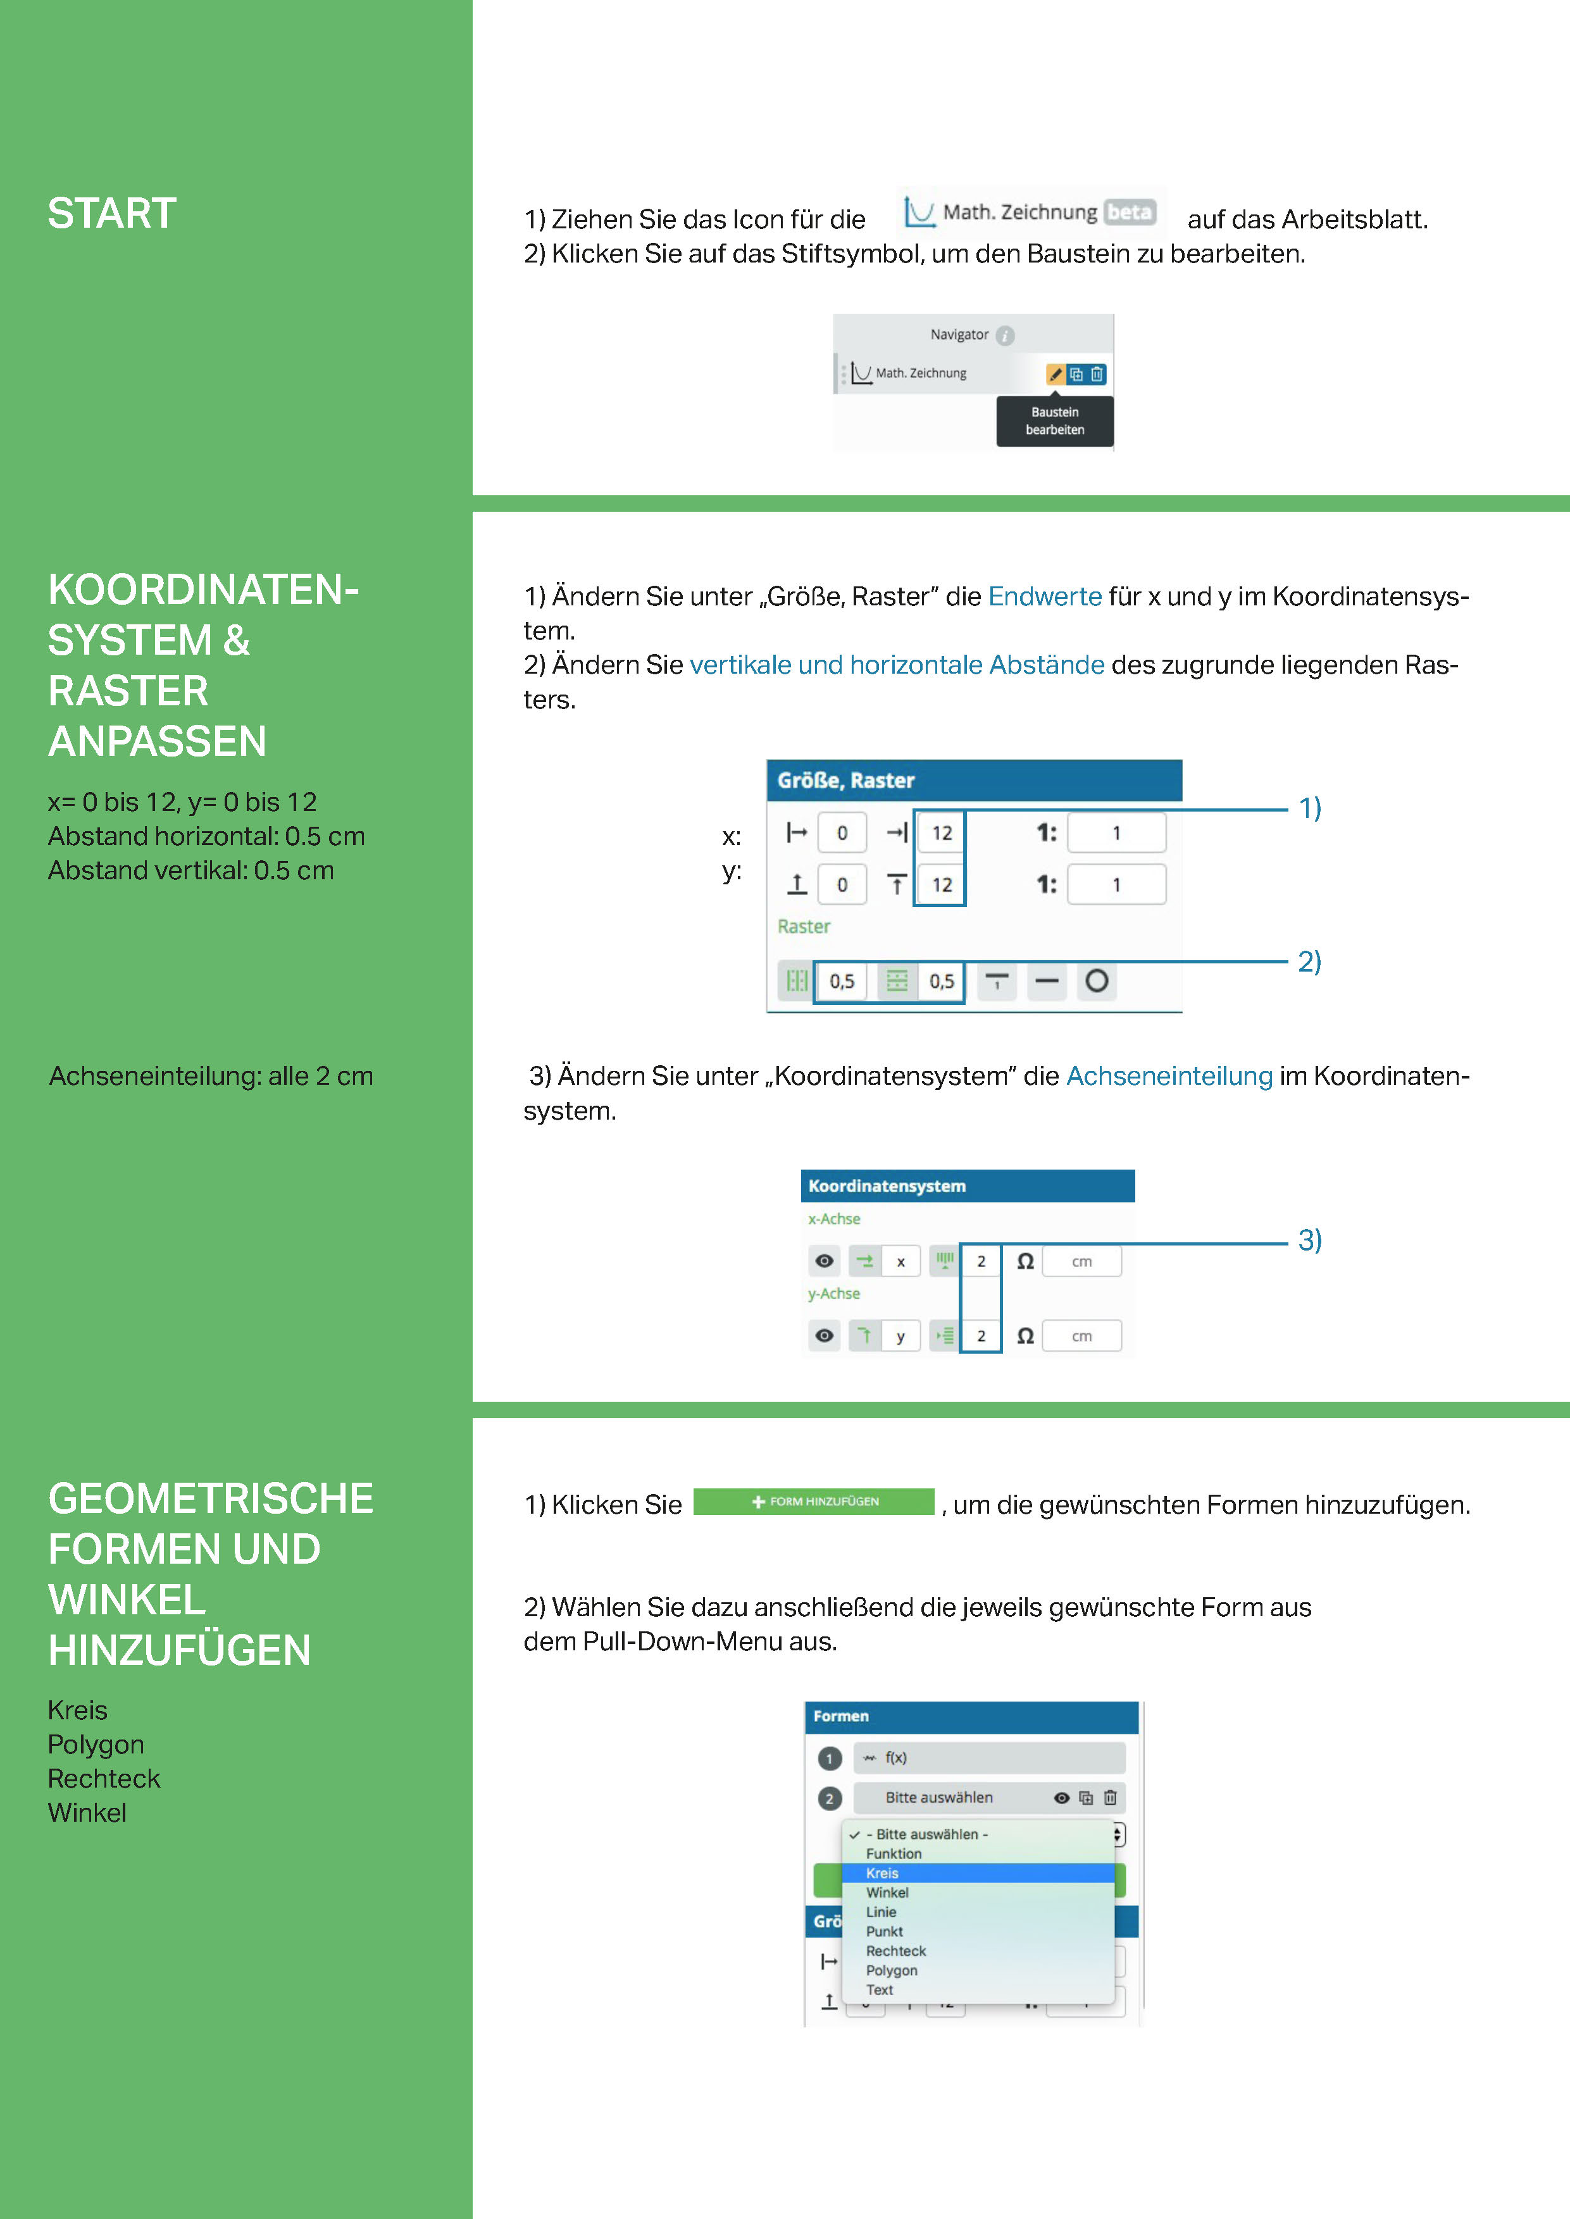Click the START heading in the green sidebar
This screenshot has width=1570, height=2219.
(x=112, y=214)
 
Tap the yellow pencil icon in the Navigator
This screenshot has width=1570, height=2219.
(x=1056, y=374)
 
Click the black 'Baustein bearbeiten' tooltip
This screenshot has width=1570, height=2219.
(x=1055, y=421)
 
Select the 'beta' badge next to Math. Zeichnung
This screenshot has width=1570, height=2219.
(x=1129, y=212)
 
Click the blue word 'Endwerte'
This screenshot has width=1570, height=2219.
(x=1044, y=596)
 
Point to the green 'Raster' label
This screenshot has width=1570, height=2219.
(x=804, y=926)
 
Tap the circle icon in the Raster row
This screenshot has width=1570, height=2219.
(x=1096, y=981)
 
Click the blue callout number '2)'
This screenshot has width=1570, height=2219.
(x=1309, y=961)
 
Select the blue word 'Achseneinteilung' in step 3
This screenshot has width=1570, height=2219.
(x=1169, y=1076)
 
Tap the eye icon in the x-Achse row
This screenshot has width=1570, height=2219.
(x=824, y=1261)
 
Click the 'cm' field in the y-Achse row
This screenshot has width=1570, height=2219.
(x=1082, y=1337)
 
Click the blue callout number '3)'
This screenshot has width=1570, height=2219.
(x=1309, y=1240)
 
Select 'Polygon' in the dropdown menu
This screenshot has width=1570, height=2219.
(x=892, y=1970)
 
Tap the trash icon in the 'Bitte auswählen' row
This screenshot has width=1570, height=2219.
(x=1110, y=1798)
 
